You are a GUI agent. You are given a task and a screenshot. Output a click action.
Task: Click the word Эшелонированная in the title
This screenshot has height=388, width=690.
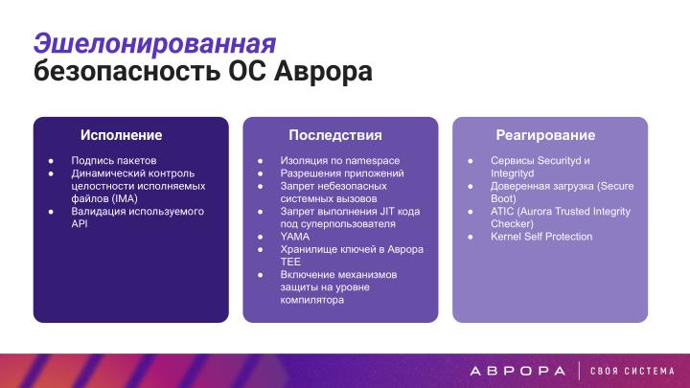click(x=154, y=42)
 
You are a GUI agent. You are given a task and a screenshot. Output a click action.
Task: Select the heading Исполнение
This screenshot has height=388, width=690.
click(x=121, y=135)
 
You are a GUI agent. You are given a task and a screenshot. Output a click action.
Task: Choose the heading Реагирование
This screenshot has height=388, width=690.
click(x=545, y=135)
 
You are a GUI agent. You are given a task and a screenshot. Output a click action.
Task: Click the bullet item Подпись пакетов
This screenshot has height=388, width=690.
click(x=113, y=160)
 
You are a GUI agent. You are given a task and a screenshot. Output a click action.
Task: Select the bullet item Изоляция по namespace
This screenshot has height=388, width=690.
click(x=340, y=160)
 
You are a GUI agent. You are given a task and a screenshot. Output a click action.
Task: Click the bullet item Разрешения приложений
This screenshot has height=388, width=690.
click(x=342, y=173)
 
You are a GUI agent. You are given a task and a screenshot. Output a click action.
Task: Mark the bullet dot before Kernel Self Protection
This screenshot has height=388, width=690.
click(x=470, y=236)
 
